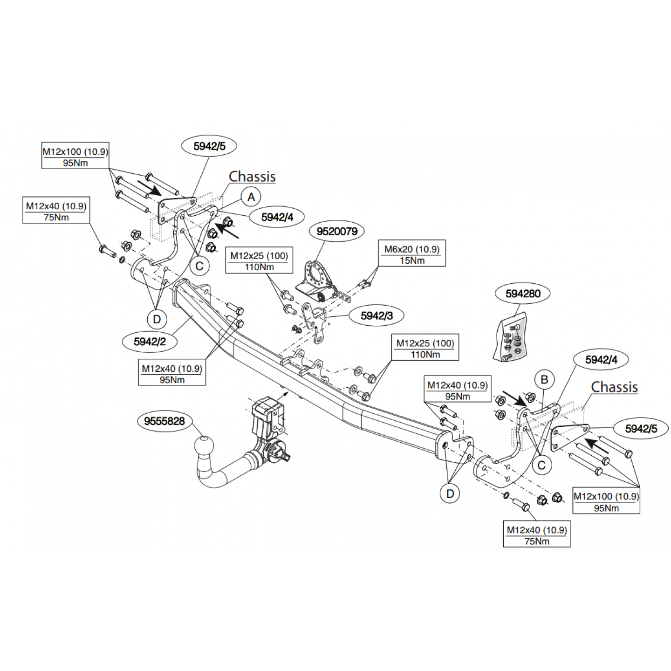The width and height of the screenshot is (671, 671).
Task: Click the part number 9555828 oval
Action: pos(164,421)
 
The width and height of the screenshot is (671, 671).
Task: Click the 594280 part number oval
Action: pos(523,294)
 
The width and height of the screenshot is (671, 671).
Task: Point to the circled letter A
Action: pos(251,197)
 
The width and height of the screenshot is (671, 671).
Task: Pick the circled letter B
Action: pos(544,380)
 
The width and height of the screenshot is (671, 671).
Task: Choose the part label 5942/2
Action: pos(150,342)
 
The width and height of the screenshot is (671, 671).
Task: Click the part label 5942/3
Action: pos(377,315)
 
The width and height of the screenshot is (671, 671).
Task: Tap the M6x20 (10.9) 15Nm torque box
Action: pos(412,254)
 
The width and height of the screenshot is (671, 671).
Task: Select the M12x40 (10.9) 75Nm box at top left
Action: pos(56,212)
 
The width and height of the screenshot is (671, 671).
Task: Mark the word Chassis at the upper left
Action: pos(252,177)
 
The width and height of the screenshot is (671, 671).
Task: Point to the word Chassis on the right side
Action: pos(614,387)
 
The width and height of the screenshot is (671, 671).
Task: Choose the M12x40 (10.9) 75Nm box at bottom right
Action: pos(537,535)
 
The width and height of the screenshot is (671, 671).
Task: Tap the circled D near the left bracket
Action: pos(157,319)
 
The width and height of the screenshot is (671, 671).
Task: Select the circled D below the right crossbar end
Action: pos(450,493)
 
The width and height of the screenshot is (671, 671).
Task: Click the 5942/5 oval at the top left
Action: pos(209,146)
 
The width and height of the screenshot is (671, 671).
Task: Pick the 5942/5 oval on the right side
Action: pos(641,429)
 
